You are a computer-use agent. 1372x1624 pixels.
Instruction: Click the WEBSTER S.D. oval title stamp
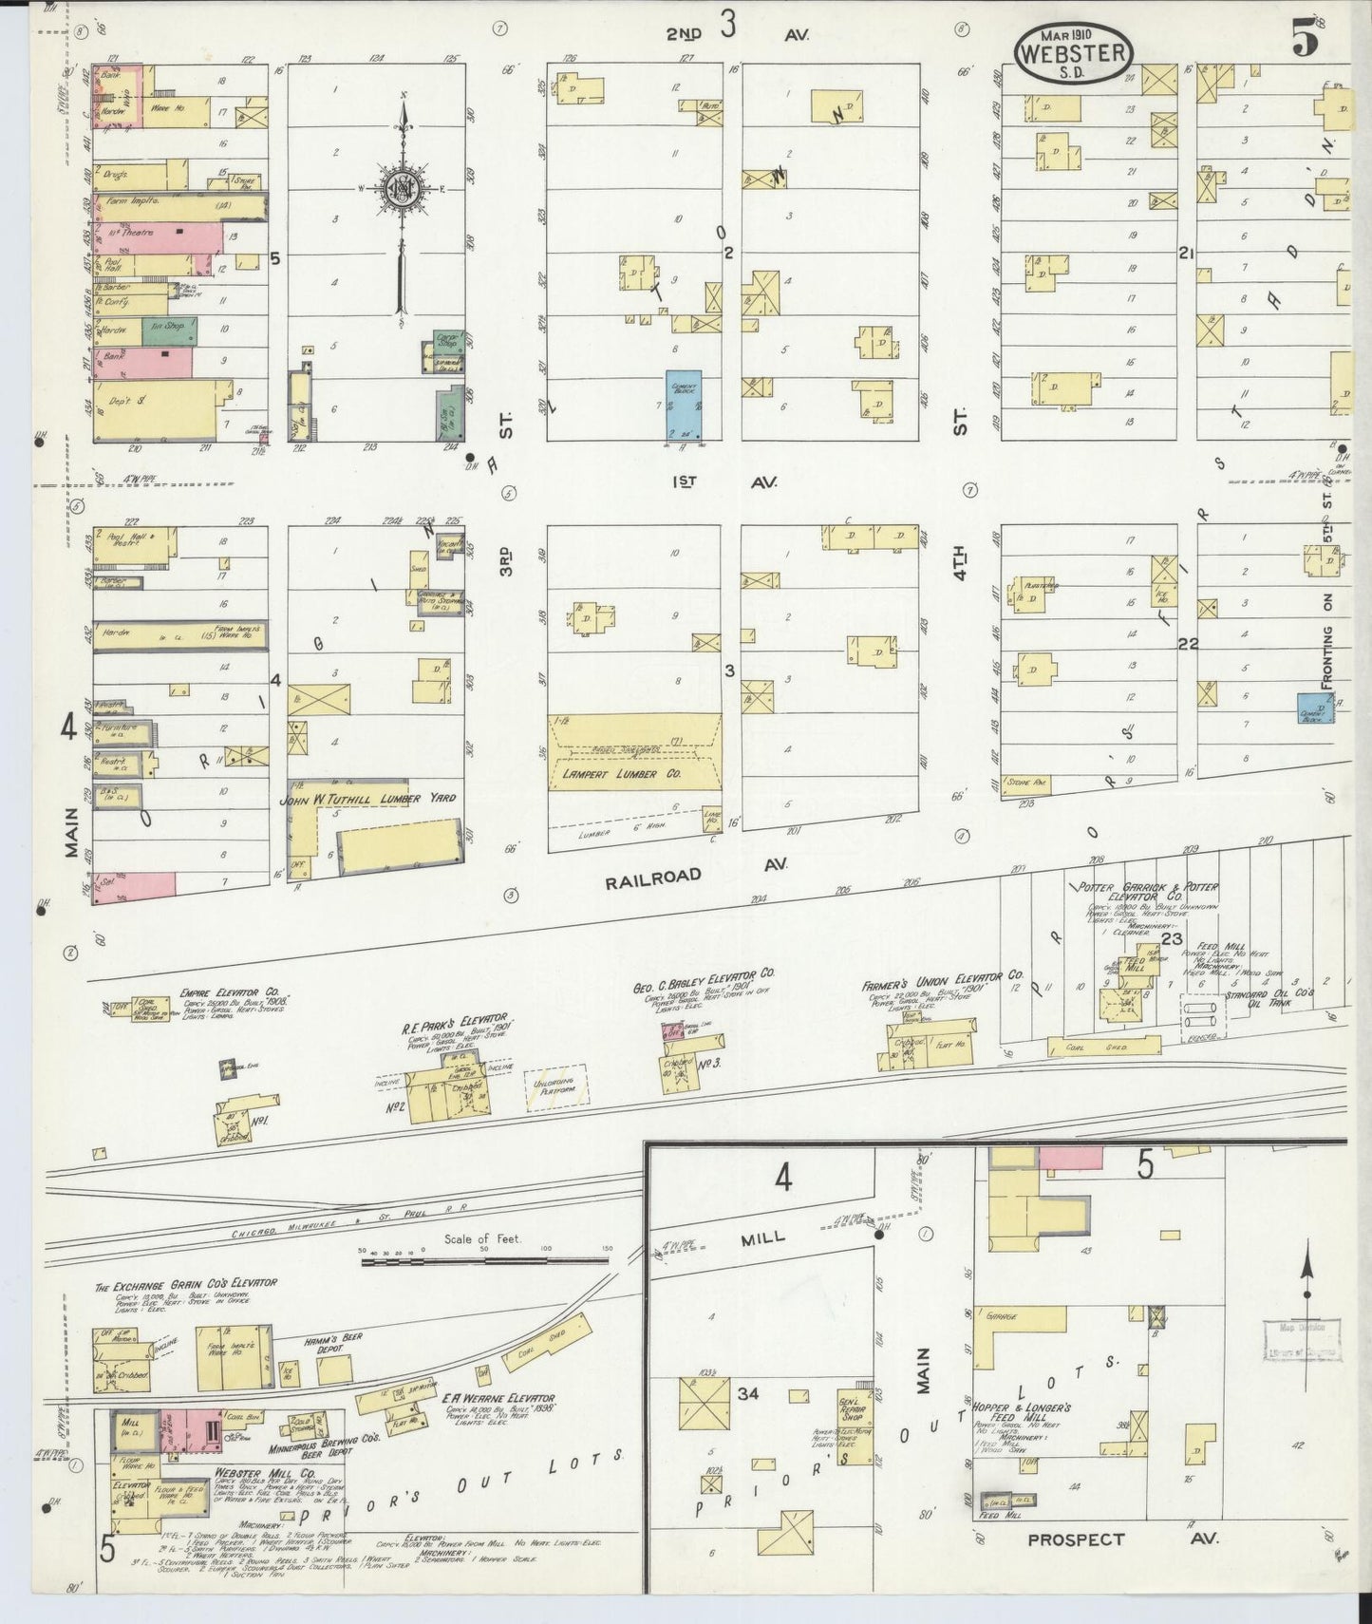1076,52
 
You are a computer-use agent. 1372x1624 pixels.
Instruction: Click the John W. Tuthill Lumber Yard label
367,799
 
